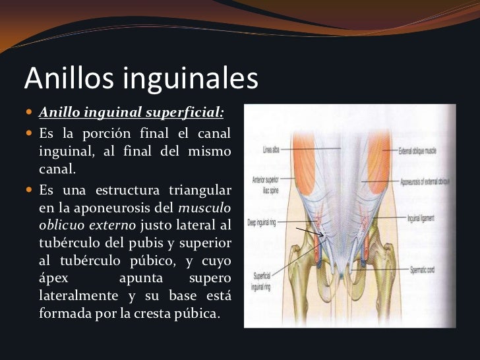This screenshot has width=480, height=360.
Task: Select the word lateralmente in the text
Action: pyautogui.click(x=79, y=295)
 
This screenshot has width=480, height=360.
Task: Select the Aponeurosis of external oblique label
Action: pyautogui.click(x=427, y=181)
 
